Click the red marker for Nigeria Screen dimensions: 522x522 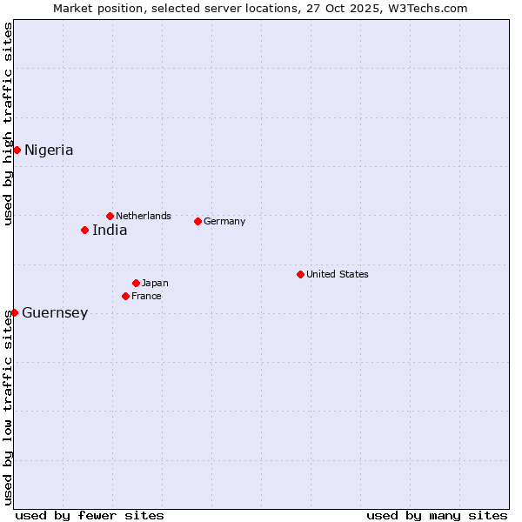pos(17,150)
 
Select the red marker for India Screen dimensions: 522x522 pos(84,230)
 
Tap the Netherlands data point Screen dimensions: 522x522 pos(110,216)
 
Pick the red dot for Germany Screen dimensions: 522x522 pos(197,221)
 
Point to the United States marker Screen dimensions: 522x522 pos(300,274)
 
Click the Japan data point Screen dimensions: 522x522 pos(136,283)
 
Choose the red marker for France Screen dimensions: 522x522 pos(125,296)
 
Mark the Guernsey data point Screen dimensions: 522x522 pos(15,312)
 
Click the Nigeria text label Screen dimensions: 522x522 pos(49,151)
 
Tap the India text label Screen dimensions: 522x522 pos(110,231)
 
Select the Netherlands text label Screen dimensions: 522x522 pos(144,216)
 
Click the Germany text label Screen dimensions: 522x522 pos(224,221)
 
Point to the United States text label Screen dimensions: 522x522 pos(338,274)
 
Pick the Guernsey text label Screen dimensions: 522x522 pos(55,313)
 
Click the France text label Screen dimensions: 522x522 pos(146,296)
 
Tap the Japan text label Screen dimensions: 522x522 pos(155,283)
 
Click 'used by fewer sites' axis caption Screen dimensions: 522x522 pos(90,515)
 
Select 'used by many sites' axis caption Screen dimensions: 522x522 pos(437,515)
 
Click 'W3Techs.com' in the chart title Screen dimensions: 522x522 pos(431,9)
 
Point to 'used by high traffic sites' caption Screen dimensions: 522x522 pos(9,124)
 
